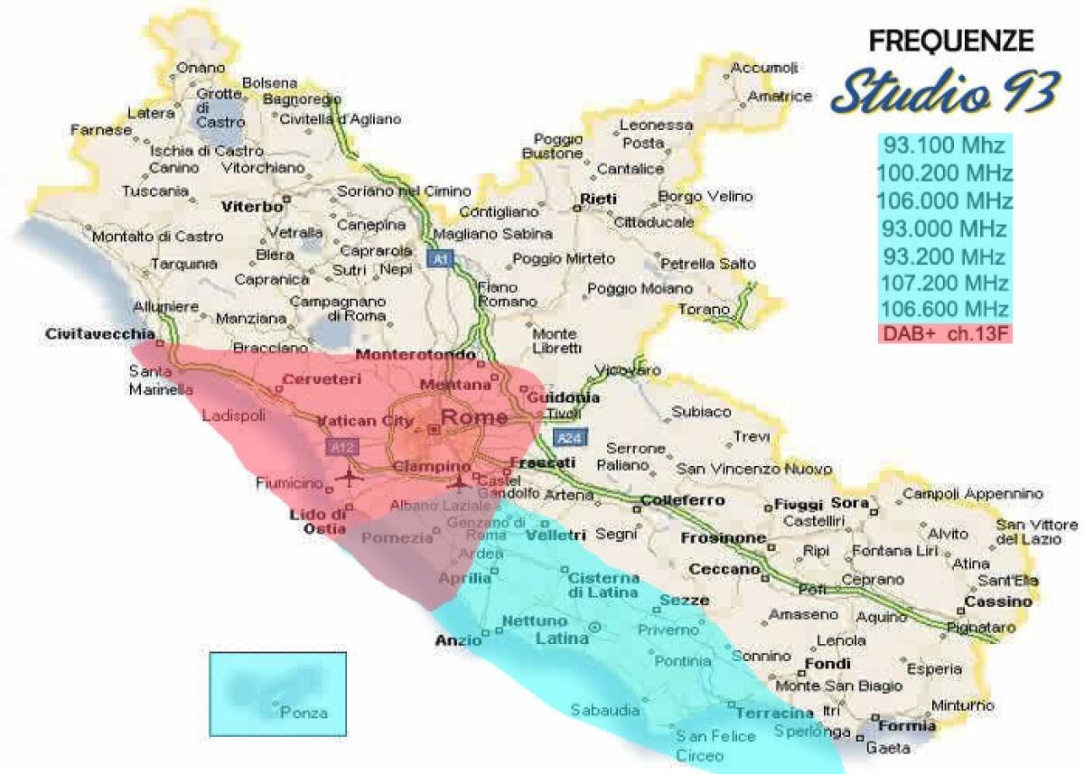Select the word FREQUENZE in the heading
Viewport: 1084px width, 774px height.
pos(950,41)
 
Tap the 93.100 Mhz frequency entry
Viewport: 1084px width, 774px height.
pos(943,145)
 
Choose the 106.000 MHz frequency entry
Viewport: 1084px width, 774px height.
pos(944,200)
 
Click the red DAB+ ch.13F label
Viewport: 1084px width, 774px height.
pos(944,333)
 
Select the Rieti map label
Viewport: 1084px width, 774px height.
pos(598,199)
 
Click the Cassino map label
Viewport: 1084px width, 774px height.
pos(997,601)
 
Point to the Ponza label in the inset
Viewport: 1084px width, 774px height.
pos(304,713)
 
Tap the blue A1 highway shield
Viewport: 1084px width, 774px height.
pos(440,259)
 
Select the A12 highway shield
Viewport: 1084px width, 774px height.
pos(343,446)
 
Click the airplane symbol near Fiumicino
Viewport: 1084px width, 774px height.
pos(348,476)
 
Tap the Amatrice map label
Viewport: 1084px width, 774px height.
pos(780,96)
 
